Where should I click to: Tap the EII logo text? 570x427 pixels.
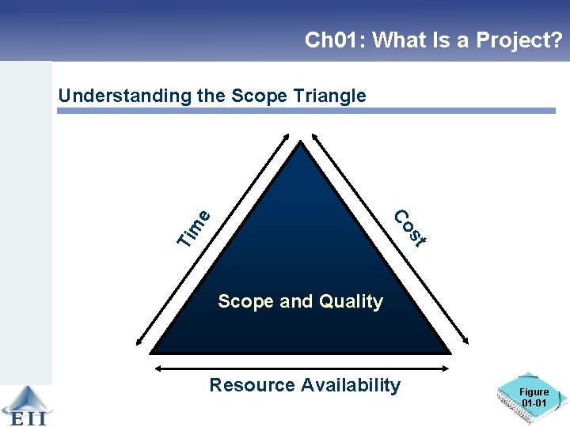tap(26, 418)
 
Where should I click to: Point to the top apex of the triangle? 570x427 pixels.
tap(301, 143)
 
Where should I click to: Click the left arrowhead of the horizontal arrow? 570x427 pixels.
tap(157, 368)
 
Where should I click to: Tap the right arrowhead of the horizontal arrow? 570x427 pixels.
tap(449, 368)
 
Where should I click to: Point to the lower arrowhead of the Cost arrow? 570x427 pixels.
tap(462, 342)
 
